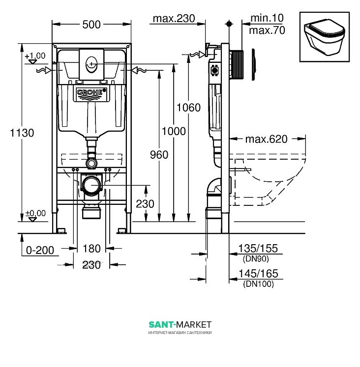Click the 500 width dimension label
coord(91,25)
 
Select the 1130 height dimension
coord(22,133)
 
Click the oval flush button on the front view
coord(91,63)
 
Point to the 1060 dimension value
coord(188,108)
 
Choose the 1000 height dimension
coord(174,131)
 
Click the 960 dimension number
coord(159,155)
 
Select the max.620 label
coord(266,139)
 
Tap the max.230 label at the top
coord(174,19)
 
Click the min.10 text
coord(267,18)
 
